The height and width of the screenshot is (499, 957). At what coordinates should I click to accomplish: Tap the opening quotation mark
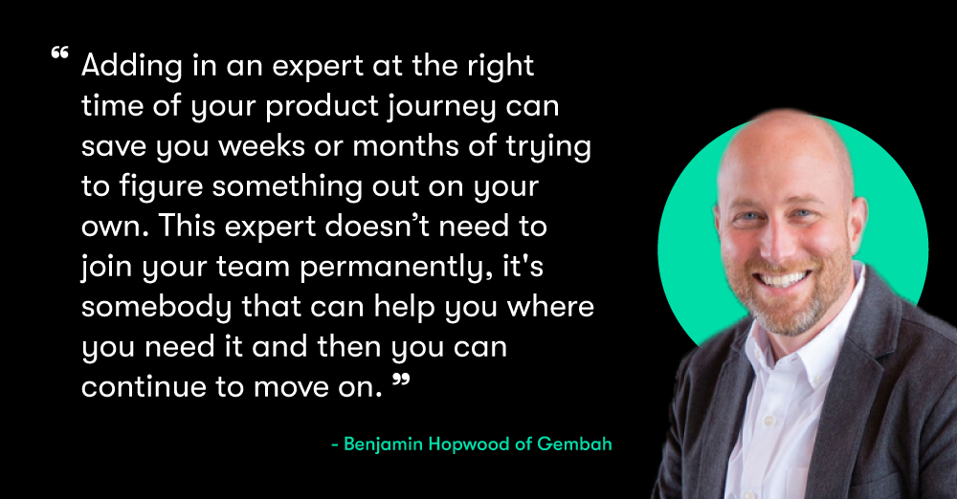click(x=59, y=53)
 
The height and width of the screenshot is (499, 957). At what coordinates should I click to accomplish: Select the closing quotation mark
click(x=400, y=381)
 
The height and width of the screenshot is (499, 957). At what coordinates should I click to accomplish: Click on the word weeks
click(x=262, y=146)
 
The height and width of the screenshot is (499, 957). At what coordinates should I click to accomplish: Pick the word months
click(x=406, y=146)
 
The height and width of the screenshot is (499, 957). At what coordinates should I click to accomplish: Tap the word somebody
click(x=157, y=308)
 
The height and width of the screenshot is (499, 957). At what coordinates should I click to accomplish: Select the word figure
click(x=161, y=187)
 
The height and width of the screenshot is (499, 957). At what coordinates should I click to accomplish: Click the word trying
click(x=548, y=147)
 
